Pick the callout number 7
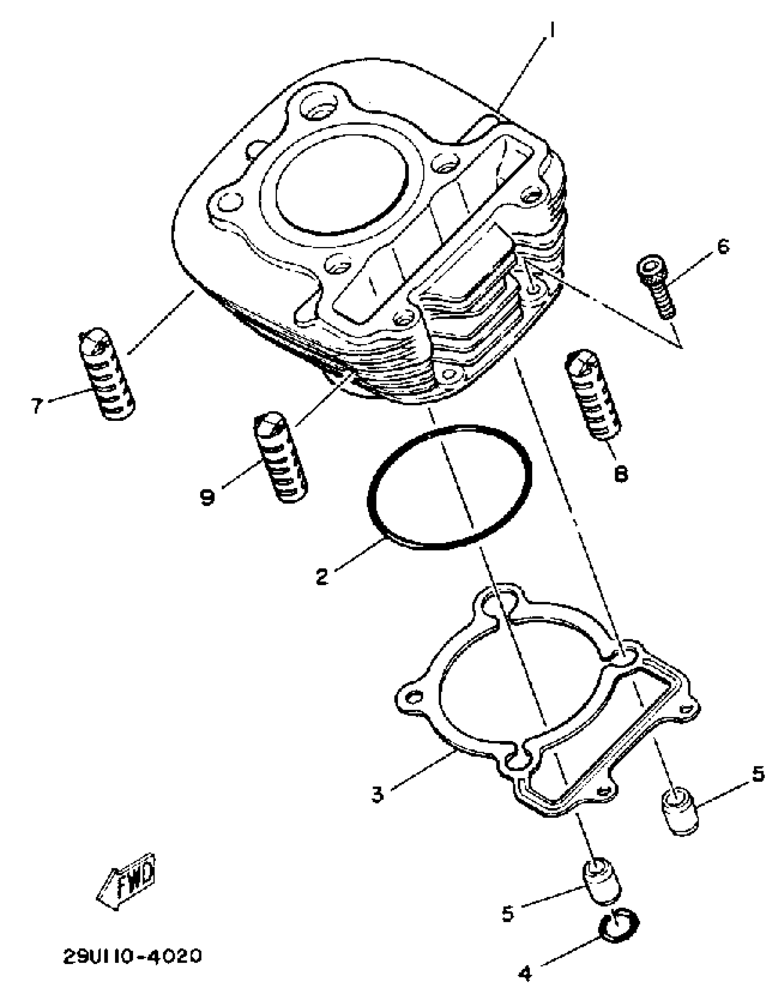coord(37,405)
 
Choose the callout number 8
coord(621,474)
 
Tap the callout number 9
coord(207,497)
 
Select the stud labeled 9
coord(281,458)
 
